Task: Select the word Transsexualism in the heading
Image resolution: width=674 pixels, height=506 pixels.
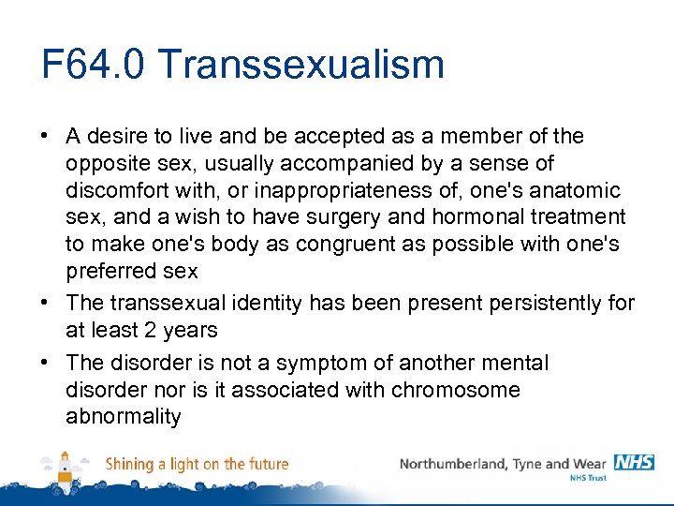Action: (301, 65)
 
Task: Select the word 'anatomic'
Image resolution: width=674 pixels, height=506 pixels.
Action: (577, 191)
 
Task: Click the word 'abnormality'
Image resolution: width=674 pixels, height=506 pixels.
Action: (123, 416)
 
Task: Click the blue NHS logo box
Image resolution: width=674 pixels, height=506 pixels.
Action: (634, 462)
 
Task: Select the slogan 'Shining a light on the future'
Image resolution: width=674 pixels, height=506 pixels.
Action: (197, 464)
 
